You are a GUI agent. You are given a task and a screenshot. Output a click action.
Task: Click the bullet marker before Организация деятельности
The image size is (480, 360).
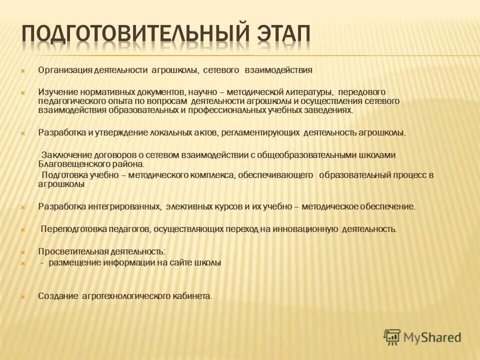[22, 71]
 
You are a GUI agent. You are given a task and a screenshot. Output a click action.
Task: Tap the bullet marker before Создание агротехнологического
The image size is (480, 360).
[22, 296]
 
